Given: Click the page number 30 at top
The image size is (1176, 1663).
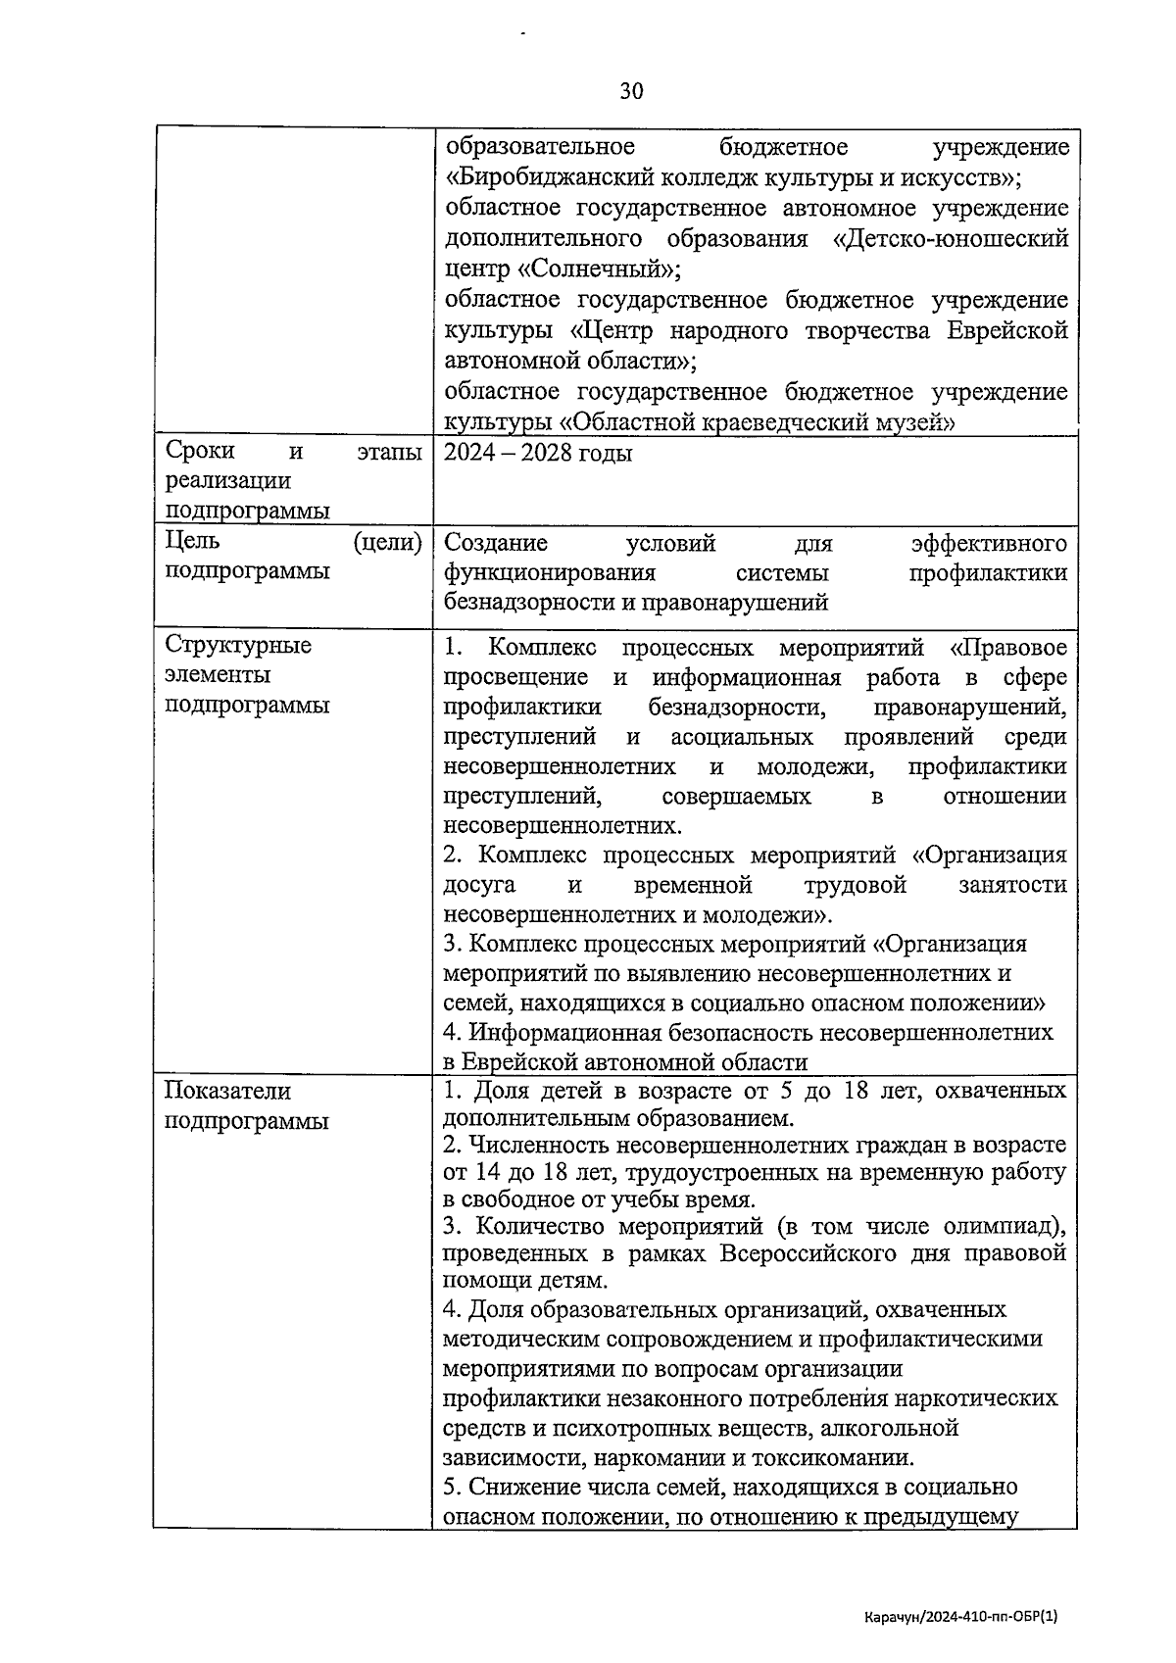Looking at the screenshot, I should pos(631,91).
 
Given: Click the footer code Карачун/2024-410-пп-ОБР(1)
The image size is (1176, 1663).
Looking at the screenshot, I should pos(961,1619).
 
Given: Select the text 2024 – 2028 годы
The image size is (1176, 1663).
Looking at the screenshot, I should pos(537,453).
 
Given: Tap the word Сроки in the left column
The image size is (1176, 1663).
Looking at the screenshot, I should pos(200,451).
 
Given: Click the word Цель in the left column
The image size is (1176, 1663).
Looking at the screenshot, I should pos(193,541).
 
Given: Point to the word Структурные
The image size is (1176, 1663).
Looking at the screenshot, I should pos(238,645).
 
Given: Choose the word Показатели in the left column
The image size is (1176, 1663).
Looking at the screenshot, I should pos(227,1091).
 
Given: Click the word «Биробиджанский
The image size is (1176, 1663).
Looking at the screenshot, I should pos(541,177).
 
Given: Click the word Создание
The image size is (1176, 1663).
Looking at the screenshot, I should pos(495,542).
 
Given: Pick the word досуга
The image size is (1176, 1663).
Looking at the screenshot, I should pos(479,885).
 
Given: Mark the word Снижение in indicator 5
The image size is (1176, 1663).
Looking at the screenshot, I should pos(517,1487).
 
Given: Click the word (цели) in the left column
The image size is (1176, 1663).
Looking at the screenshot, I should pos(388,541).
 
